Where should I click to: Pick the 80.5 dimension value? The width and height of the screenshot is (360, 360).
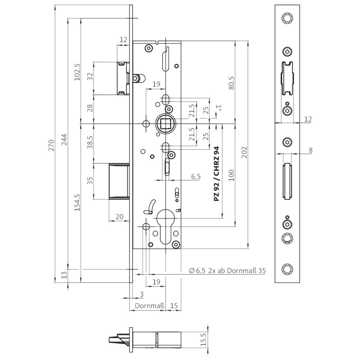coord(231,82)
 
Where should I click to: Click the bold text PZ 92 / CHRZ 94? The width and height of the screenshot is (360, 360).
coord(216,174)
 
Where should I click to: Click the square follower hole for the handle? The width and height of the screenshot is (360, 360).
coord(166,123)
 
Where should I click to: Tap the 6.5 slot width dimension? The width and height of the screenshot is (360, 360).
coord(195,176)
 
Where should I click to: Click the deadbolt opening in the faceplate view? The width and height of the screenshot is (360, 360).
coord(287,181)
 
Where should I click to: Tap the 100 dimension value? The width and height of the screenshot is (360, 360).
coord(231,175)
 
